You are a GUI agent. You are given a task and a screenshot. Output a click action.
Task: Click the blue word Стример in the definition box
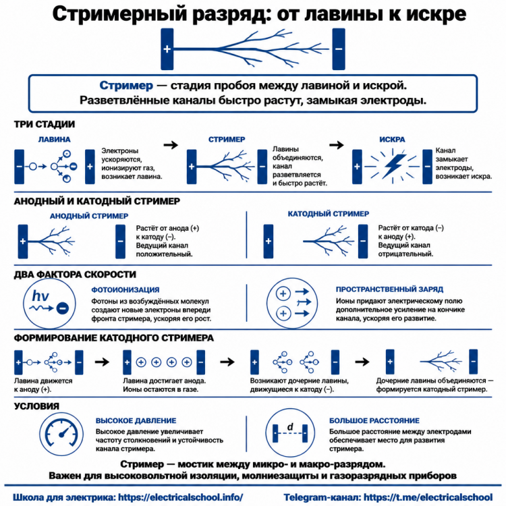[x=126, y=86]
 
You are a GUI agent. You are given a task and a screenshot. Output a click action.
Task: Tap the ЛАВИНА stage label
[x=54, y=140]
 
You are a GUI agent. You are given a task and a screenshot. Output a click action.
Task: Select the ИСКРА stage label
[x=392, y=140]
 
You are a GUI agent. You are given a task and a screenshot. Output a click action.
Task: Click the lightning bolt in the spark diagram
[x=393, y=166]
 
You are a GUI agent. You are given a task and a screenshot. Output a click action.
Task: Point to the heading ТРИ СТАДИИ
[x=45, y=124]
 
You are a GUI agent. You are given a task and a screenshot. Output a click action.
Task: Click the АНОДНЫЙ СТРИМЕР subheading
[x=89, y=216]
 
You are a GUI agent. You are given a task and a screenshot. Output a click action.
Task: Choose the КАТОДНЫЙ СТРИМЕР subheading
[x=328, y=214]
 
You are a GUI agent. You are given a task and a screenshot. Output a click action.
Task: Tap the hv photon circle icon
[x=49, y=304]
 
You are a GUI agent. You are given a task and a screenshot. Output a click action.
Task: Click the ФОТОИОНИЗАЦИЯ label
[x=125, y=289]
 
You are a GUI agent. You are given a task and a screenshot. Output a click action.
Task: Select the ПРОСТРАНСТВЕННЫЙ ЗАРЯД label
[x=389, y=289]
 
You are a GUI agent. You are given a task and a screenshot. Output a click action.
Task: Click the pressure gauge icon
[x=61, y=434]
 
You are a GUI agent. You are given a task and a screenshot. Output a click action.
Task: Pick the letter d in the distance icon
[x=290, y=426]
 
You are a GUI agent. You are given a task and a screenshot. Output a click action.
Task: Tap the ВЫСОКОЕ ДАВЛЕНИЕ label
[x=136, y=420]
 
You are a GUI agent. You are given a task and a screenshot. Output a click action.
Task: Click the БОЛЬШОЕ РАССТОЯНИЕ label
[x=374, y=420]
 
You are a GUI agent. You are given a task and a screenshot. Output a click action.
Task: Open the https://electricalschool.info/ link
[x=180, y=497]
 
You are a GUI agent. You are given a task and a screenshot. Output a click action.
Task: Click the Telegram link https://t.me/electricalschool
[x=428, y=497]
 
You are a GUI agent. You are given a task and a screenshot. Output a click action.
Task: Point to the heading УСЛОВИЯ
[x=36, y=406]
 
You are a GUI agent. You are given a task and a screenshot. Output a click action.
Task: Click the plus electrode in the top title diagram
[x=167, y=49]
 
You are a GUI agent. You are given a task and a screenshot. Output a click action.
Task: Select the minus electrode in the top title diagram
[x=339, y=49]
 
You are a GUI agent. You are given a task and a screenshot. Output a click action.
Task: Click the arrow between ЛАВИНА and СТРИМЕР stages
[x=171, y=145]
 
